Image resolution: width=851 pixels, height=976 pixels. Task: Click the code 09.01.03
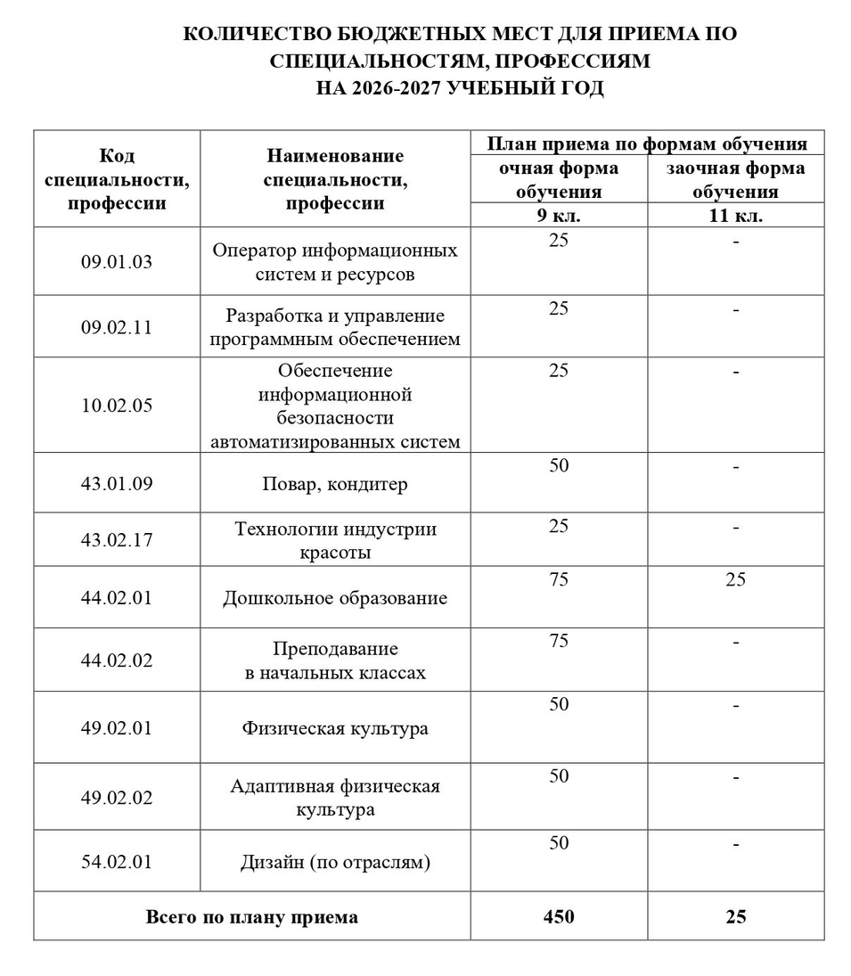click(x=117, y=261)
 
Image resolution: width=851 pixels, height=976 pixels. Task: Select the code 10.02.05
click(x=117, y=406)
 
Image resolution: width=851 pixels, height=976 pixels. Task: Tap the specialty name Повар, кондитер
click(x=335, y=484)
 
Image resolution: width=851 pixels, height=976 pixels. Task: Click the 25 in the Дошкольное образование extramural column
click(x=735, y=580)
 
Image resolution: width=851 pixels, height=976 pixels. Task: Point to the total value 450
click(x=559, y=916)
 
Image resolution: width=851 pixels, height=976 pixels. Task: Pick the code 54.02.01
click(x=117, y=862)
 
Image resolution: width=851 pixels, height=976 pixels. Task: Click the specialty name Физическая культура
click(x=335, y=728)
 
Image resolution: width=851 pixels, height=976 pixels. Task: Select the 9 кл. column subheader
click(x=559, y=216)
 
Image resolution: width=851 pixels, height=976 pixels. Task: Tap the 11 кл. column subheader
click(x=735, y=216)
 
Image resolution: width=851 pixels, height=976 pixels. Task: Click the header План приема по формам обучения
click(x=647, y=144)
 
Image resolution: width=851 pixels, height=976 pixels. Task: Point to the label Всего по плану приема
click(x=252, y=916)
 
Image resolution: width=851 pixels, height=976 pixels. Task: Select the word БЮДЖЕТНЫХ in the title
click(x=410, y=34)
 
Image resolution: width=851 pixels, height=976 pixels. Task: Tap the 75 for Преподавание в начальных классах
click(x=559, y=642)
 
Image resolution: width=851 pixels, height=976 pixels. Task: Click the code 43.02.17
click(x=117, y=539)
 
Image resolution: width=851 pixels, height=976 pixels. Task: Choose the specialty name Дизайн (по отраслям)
click(x=335, y=862)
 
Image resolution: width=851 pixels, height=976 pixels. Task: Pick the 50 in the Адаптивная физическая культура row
click(x=559, y=776)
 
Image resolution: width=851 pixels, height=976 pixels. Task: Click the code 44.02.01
click(x=117, y=597)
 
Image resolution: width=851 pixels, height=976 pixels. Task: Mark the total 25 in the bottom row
click(x=735, y=916)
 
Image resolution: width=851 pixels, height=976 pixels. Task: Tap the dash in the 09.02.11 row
click(x=735, y=309)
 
